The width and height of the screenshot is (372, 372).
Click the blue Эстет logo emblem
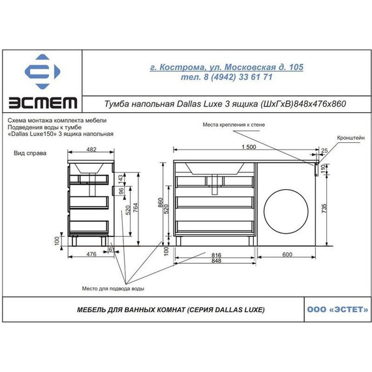42,71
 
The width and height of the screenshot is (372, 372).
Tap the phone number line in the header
226,77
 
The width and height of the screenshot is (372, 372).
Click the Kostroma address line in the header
226,67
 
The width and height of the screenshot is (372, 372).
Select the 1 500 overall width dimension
249,147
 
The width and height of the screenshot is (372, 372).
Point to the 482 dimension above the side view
91,149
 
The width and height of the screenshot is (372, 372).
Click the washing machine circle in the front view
286,211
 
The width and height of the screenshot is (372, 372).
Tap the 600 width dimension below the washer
287,255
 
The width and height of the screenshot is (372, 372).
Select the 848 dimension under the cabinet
216,261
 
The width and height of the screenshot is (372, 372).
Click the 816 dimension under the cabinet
216,255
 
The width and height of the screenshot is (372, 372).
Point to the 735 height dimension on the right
324,208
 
